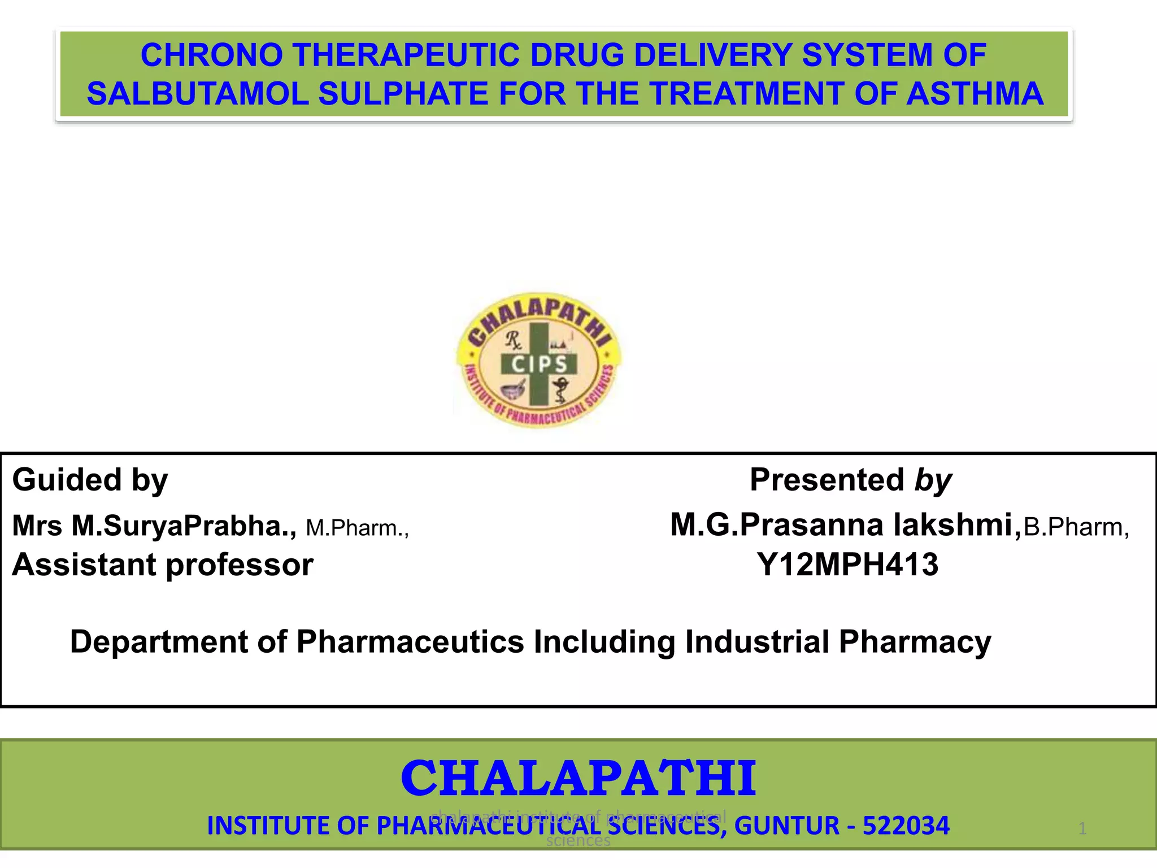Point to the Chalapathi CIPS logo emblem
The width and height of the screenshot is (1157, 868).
(538, 361)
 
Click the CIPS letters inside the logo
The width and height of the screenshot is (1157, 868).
(539, 364)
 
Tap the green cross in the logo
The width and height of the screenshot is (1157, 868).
(539, 339)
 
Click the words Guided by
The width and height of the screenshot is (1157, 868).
(90, 480)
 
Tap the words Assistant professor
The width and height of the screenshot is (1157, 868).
(163, 565)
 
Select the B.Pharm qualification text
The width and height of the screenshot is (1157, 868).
(1076, 527)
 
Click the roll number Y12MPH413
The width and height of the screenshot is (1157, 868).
(847, 565)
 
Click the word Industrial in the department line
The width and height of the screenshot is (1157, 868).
(757, 642)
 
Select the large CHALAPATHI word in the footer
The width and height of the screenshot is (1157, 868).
(578, 779)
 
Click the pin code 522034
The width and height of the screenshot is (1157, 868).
(906, 826)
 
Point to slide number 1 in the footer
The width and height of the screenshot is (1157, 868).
(1082, 829)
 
